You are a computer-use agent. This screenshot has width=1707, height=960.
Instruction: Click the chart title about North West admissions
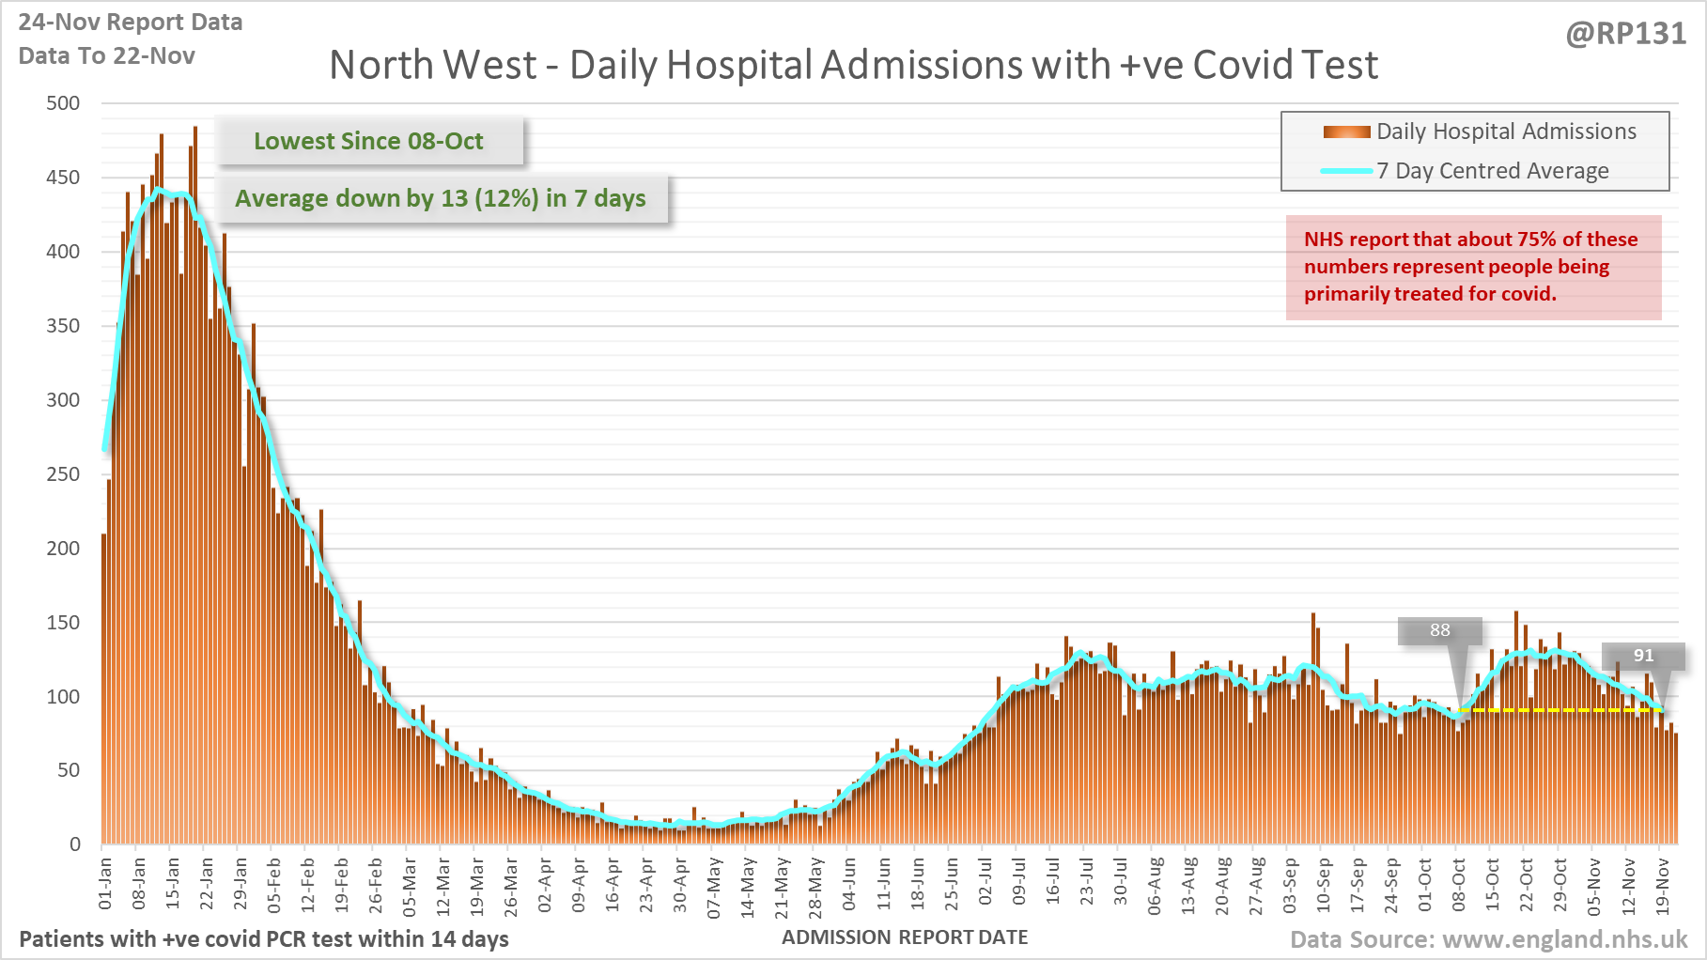click(x=853, y=66)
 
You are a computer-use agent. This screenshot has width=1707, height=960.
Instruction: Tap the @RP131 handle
click(x=1625, y=34)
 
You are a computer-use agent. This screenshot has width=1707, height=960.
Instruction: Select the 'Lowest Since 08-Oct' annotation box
click(x=368, y=141)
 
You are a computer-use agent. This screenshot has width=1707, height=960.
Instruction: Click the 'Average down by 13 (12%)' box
click(x=441, y=198)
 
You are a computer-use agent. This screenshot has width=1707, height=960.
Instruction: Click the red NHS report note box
click(x=1472, y=267)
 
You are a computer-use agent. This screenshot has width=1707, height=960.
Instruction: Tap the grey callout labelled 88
click(x=1439, y=630)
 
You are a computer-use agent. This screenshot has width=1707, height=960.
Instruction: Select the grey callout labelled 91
click(x=1642, y=656)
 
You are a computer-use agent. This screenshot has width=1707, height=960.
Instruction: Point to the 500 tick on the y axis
click(x=63, y=103)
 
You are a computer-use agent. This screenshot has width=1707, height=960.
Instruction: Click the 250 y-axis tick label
click(x=63, y=474)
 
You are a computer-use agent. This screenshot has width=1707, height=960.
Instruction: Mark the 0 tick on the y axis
click(x=75, y=844)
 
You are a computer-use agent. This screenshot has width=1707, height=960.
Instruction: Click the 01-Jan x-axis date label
click(x=105, y=883)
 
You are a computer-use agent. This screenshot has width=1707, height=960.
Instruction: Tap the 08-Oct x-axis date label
click(x=1458, y=883)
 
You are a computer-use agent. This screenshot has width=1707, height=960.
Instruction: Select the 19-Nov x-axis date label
click(x=1662, y=883)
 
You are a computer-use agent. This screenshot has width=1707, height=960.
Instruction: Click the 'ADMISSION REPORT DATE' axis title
click(x=905, y=937)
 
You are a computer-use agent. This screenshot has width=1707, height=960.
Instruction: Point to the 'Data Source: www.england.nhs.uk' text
click(x=1488, y=939)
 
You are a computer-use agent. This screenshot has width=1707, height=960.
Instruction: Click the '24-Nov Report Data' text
click(x=131, y=23)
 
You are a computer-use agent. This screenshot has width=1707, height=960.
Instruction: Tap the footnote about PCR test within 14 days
click(x=264, y=939)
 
